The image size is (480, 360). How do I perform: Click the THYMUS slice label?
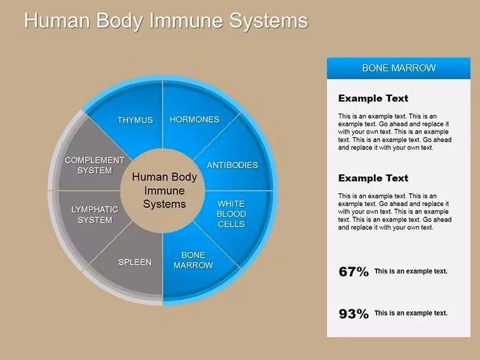coord(135,120)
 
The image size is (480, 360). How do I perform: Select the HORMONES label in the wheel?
coord(195,119)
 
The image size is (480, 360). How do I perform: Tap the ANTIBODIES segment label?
coord(232,165)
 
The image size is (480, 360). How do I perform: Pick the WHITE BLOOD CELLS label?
coord(231,214)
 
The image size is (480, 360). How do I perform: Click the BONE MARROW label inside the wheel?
coord(193,260)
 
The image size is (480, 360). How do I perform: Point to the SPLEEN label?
coord(135,262)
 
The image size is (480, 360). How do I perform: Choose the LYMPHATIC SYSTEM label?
coord(95,215)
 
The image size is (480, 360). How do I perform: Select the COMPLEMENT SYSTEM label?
coord(95,165)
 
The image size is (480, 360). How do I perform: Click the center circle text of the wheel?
coord(164,190)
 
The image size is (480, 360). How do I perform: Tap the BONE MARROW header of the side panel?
coord(399,68)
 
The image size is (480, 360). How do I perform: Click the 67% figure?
coord(354,272)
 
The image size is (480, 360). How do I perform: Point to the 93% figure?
coord(354,314)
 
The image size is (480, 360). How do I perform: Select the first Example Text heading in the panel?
coord(373,99)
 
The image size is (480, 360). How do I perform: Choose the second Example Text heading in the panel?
coord(373,178)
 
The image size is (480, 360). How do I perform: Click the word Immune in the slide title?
coord(186,20)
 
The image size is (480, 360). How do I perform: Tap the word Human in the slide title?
coord(57,20)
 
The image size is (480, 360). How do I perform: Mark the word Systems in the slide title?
coord(268,21)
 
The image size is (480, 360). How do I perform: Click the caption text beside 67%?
coord(411,271)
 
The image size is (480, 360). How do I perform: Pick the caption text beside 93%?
coord(411,313)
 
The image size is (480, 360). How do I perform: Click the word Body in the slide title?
coord(120,21)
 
